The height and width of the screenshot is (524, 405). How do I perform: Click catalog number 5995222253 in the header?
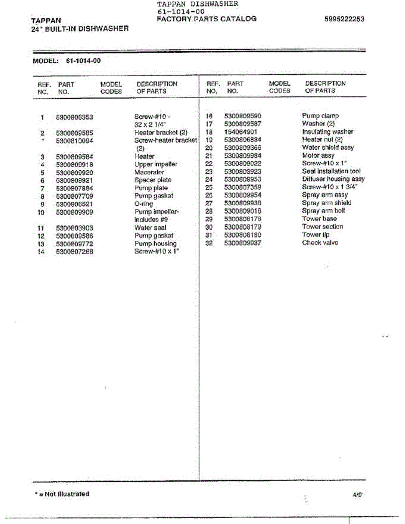[344, 19]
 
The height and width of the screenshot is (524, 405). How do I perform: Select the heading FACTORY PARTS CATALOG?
[206, 19]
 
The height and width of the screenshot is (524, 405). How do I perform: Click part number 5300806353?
[75, 117]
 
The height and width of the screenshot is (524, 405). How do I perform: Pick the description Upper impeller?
[156, 165]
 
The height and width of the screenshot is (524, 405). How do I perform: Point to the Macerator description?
[149, 172]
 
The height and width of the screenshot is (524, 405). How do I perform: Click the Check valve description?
[320, 243]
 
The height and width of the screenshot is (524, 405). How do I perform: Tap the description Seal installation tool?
[331, 171]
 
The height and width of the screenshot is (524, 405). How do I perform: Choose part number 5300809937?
[242, 243]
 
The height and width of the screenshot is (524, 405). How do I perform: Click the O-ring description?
[144, 204]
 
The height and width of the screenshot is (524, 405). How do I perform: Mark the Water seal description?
[150, 228]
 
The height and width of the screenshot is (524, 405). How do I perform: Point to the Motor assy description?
[318, 155]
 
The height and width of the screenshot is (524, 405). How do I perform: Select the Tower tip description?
[315, 235]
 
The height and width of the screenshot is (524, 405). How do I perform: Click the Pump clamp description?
[320, 116]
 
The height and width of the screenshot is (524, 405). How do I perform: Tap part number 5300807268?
[75, 252]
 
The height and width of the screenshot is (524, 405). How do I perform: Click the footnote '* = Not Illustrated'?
[62, 494]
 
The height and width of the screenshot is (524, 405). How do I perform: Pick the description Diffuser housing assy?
[333, 179]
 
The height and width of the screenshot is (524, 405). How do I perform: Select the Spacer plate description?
[153, 180]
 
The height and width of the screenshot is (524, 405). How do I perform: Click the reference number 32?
[209, 243]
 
